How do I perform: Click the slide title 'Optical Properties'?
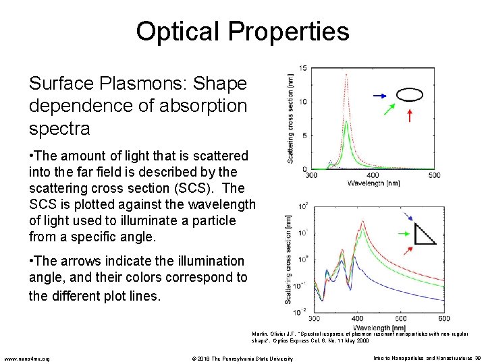pyautogui.click(x=242, y=31)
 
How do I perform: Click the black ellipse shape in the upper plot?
pyautogui.click(x=409, y=94)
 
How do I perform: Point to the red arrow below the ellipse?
pyautogui.click(x=409, y=115)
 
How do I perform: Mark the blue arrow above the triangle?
pyautogui.click(x=408, y=217)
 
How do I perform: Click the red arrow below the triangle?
pyautogui.click(x=408, y=250)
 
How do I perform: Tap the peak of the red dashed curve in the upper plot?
pyautogui.click(x=346, y=72)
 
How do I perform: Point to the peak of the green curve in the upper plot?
pyautogui.click(x=346, y=122)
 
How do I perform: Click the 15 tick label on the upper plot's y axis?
pyautogui.click(x=304, y=69)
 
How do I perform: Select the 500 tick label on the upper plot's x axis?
pyautogui.click(x=434, y=176)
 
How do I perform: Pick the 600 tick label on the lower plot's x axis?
pyautogui.click(x=443, y=318)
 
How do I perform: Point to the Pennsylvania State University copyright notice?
pyautogui.click(x=242, y=358)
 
